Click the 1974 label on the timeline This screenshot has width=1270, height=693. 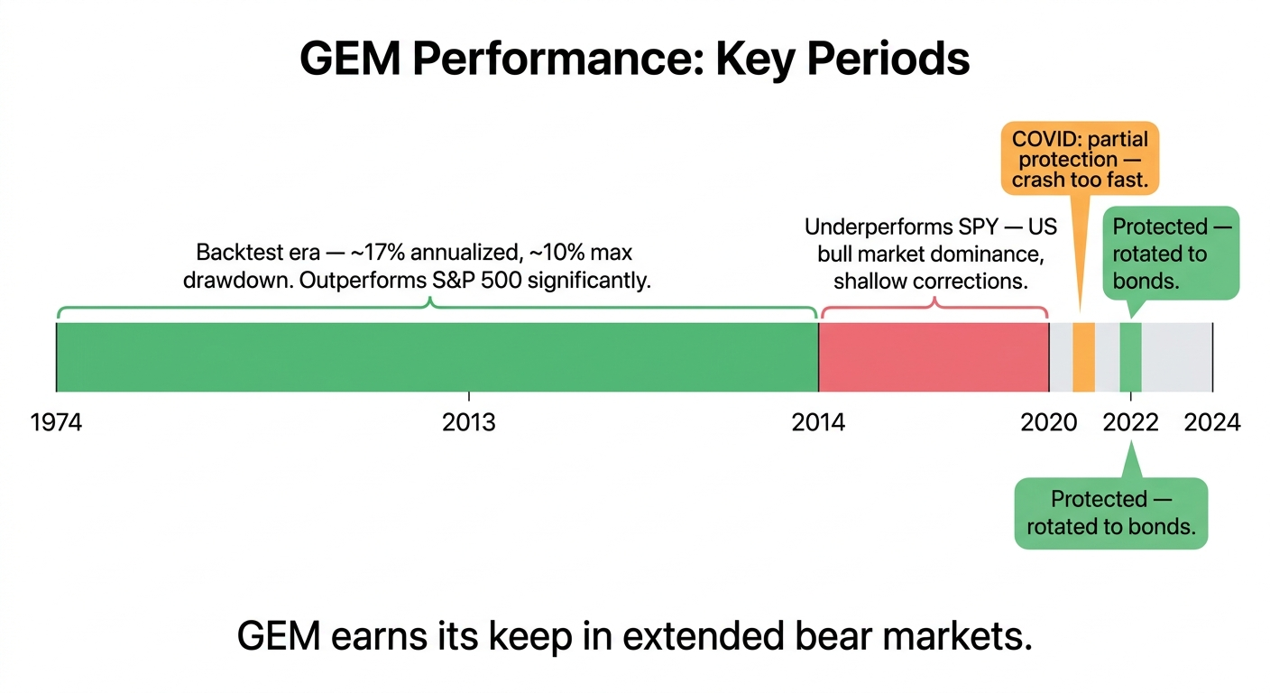[56, 422]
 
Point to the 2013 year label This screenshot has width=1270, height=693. [469, 422]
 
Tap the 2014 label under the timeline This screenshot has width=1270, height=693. [818, 422]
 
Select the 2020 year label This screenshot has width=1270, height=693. [1049, 422]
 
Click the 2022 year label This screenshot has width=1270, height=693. [1130, 422]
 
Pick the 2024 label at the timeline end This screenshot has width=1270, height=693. [1212, 422]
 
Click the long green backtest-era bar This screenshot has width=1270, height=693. [437, 357]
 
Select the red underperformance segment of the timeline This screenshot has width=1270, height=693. [934, 357]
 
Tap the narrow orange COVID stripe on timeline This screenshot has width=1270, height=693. [1083, 357]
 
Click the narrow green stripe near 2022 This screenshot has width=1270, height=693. [1130, 357]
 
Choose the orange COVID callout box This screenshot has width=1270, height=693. [1080, 159]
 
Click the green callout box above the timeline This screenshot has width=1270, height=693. [1171, 254]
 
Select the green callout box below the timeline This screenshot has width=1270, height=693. [1110, 513]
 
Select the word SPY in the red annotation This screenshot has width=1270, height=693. [998, 226]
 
